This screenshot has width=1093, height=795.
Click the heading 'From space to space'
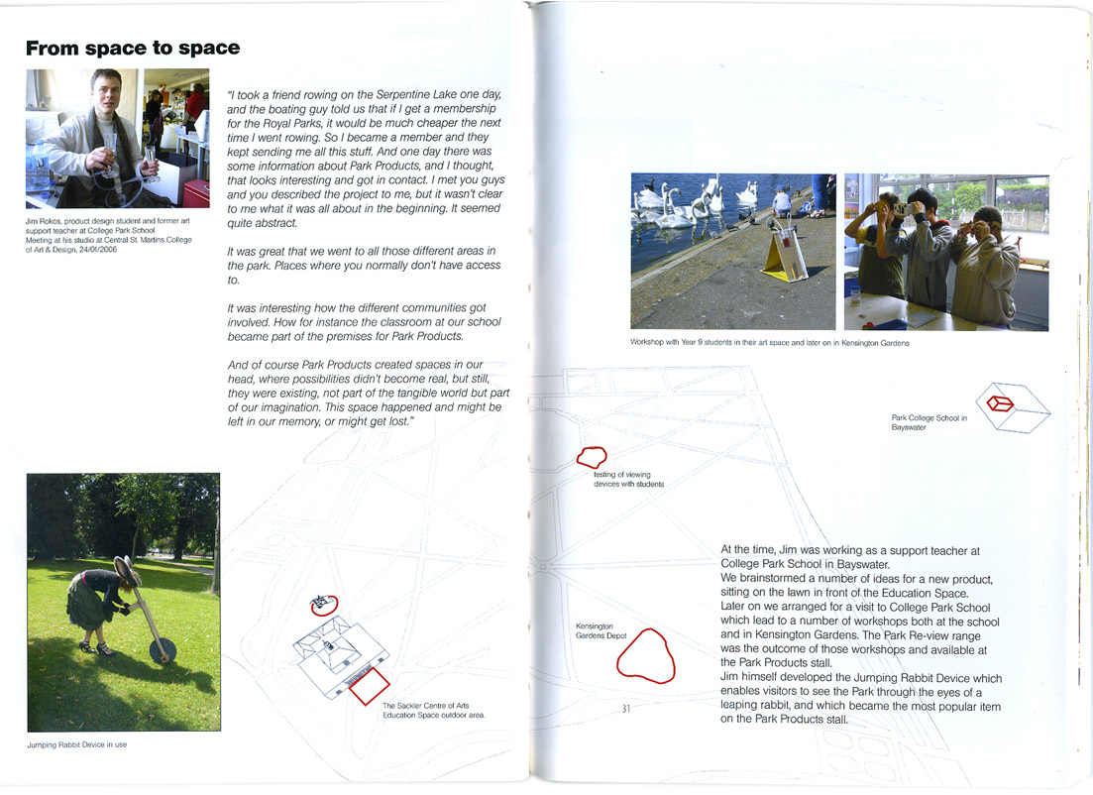(133, 48)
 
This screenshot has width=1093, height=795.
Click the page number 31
(625, 709)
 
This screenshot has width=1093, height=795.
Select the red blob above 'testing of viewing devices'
(592, 457)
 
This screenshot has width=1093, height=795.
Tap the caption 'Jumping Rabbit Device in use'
(76, 745)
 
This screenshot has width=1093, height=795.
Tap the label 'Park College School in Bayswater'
(929, 422)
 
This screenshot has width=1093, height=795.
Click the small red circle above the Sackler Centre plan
(323, 602)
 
